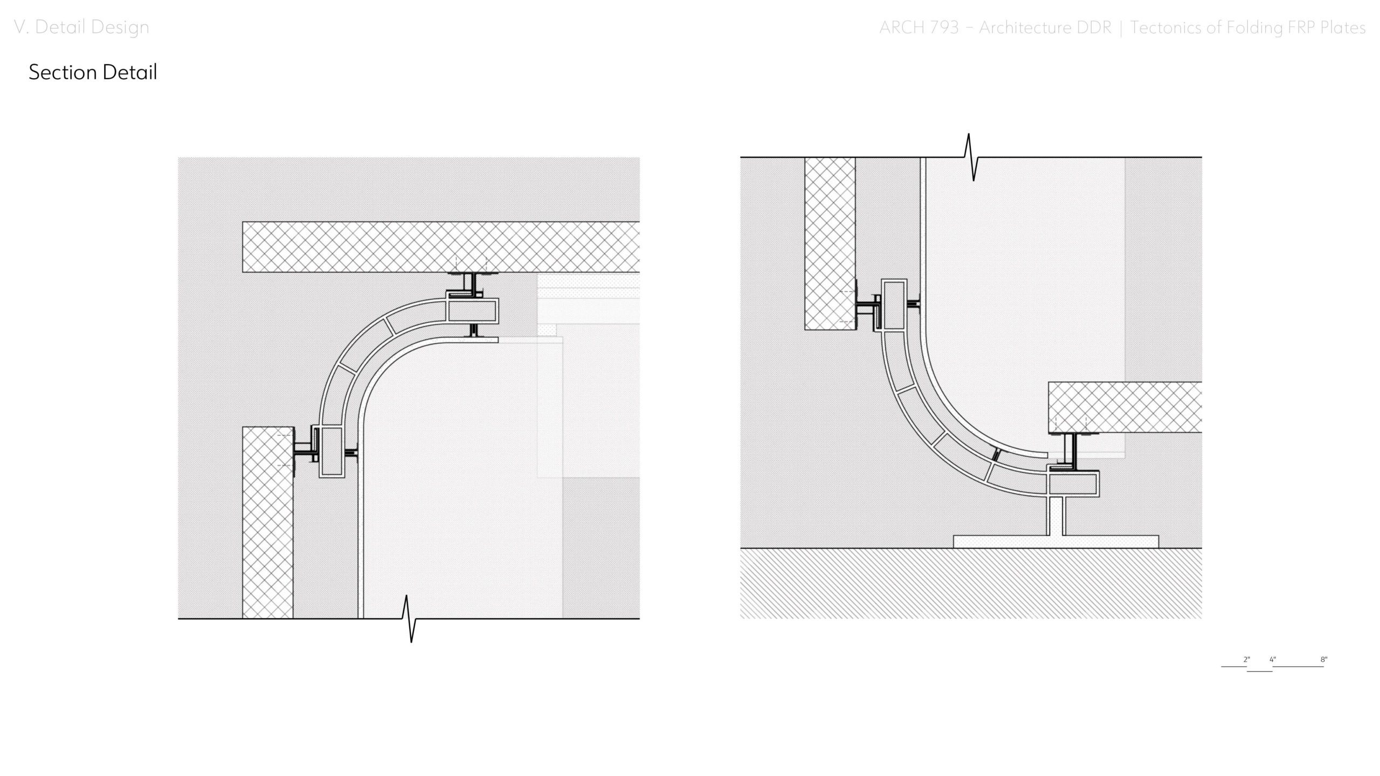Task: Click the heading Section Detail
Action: pyautogui.click(x=93, y=72)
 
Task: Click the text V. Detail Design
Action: pyautogui.click(x=81, y=27)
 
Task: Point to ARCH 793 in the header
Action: pyautogui.click(x=919, y=27)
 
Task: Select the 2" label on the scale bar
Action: pyautogui.click(x=1246, y=660)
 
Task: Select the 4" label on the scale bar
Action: pyautogui.click(x=1273, y=660)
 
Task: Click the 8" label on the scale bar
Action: pyautogui.click(x=1324, y=660)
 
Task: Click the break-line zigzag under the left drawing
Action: pyautogui.click(x=409, y=619)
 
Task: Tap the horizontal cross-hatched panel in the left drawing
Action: pyautogui.click(x=441, y=247)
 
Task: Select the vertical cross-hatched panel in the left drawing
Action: pyautogui.click(x=268, y=523)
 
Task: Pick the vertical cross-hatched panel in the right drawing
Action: pyautogui.click(x=830, y=243)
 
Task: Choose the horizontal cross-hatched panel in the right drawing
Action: pyautogui.click(x=1125, y=407)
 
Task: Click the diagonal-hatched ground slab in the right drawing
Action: pyautogui.click(x=971, y=583)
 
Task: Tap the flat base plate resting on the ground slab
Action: pyautogui.click(x=1056, y=542)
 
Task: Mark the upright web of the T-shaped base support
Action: pyautogui.click(x=1055, y=516)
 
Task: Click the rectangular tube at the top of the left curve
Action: pyautogui.click(x=472, y=311)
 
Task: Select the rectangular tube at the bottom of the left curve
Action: pyautogui.click(x=332, y=451)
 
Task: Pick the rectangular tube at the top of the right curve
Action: pyautogui.click(x=894, y=304)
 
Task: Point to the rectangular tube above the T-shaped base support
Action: pyautogui.click(x=1073, y=483)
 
